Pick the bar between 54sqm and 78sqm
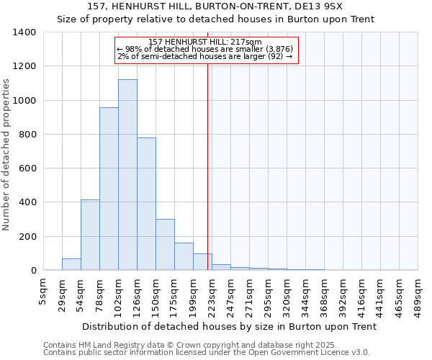(x=90, y=235)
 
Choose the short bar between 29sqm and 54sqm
(x=71, y=264)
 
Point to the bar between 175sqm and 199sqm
(x=184, y=256)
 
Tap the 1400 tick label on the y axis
(x=24, y=32)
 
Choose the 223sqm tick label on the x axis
(x=212, y=294)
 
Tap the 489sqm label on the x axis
(x=418, y=294)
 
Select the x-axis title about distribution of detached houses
(x=229, y=326)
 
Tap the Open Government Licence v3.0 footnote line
(x=207, y=353)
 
